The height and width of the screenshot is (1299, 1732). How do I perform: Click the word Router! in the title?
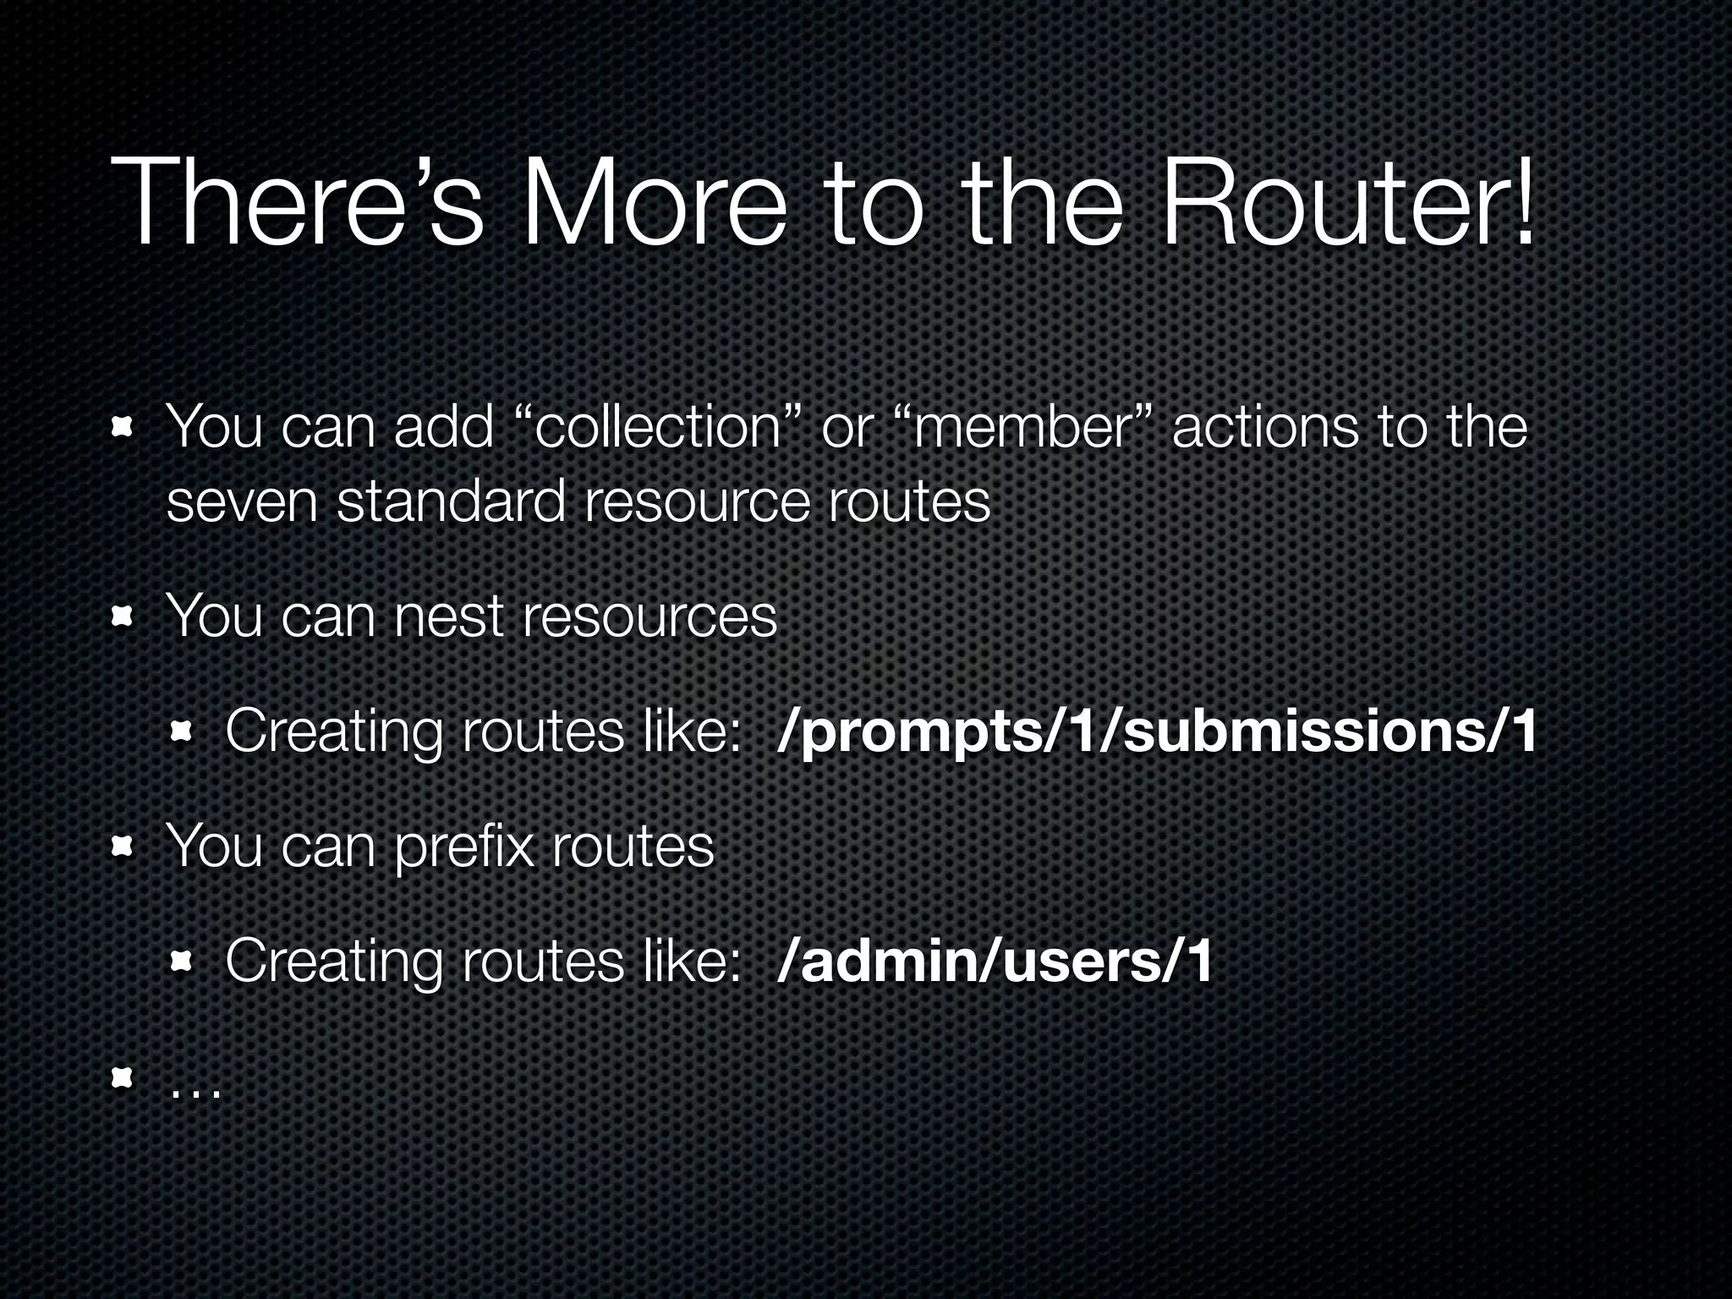1346,203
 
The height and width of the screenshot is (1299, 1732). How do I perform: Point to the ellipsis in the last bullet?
195,1091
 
